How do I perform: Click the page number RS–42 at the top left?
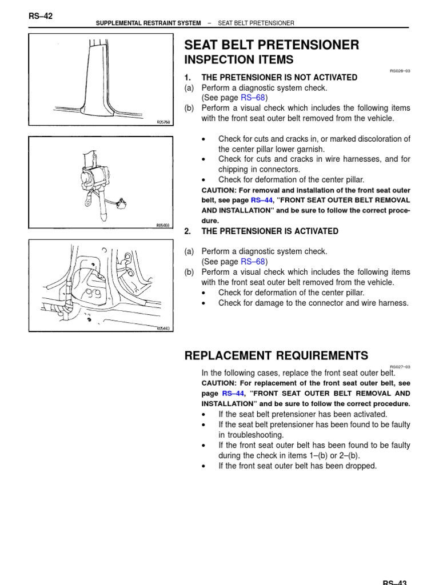tap(40, 16)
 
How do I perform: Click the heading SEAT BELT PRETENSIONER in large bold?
tap(272, 45)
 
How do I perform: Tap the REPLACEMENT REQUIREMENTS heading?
tap(276, 355)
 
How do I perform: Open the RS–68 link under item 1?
tap(253, 98)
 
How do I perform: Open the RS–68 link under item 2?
tap(253, 262)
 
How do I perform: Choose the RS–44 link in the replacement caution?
tap(233, 394)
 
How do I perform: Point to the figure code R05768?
tap(163, 122)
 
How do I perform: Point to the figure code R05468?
tap(163, 226)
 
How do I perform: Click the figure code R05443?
tap(163, 328)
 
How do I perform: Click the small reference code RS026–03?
tap(400, 71)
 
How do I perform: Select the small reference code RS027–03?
tap(400, 366)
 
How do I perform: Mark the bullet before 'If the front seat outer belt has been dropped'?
tap(205, 466)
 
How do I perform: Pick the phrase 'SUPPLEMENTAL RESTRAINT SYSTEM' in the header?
tap(148, 23)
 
